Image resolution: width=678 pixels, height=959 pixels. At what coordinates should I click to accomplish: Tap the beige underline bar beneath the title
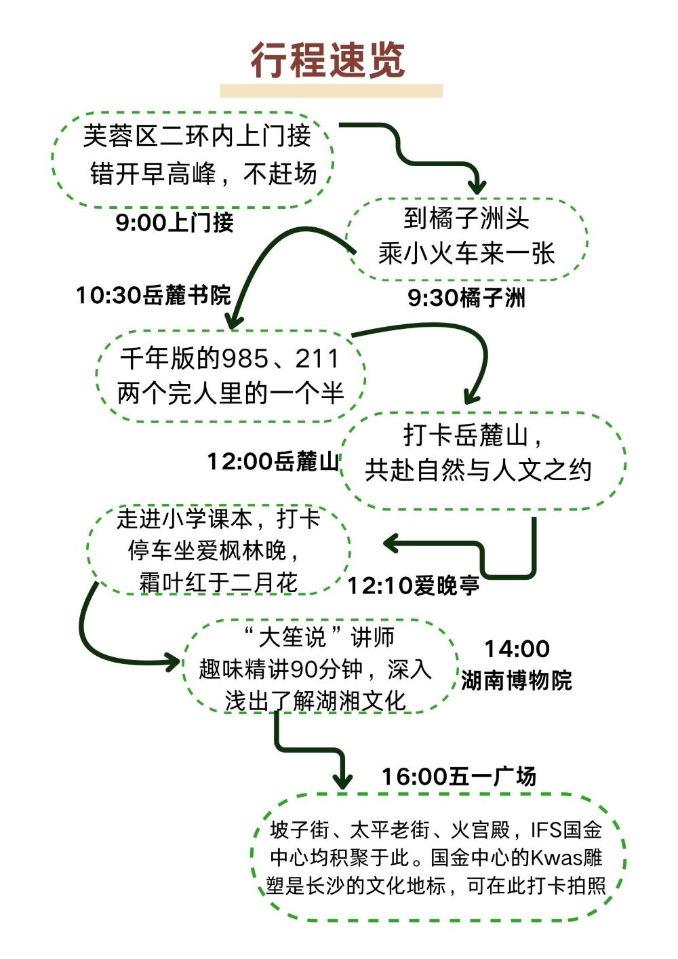pyautogui.click(x=331, y=91)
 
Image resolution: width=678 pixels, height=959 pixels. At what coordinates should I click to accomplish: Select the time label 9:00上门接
pyautogui.click(x=174, y=222)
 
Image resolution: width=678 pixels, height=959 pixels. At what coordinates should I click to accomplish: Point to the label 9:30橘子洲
pyautogui.click(x=466, y=297)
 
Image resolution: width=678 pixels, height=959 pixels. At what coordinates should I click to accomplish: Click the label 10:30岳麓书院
pyautogui.click(x=153, y=295)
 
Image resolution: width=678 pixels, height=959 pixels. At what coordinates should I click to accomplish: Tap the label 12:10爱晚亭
pyautogui.click(x=413, y=585)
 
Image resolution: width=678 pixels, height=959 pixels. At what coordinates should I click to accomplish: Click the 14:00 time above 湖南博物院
pyautogui.click(x=517, y=649)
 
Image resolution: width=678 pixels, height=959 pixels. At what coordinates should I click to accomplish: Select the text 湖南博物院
pyautogui.click(x=517, y=680)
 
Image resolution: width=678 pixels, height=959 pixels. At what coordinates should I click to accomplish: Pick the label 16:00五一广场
pyautogui.click(x=458, y=776)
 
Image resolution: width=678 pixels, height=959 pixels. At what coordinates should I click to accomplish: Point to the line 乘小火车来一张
pyautogui.click(x=466, y=254)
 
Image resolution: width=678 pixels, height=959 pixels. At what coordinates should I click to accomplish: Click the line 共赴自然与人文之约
pyautogui.click(x=479, y=469)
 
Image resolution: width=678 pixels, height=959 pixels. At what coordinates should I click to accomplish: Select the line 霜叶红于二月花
pyautogui.click(x=218, y=582)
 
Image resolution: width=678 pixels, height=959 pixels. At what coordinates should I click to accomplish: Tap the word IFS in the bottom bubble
pyautogui.click(x=546, y=829)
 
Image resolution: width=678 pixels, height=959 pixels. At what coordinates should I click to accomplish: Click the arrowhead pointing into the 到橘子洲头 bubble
pyautogui.click(x=478, y=186)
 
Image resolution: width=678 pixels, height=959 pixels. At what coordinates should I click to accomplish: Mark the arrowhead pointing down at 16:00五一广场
pyautogui.click(x=342, y=780)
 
